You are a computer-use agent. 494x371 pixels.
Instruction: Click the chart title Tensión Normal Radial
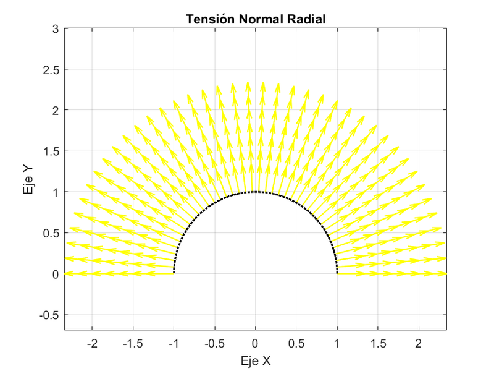tap(255, 20)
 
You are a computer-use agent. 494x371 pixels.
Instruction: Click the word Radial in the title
tap(306, 20)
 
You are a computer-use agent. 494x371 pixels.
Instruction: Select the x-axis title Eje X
tap(255, 360)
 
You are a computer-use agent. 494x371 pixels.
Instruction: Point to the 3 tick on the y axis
tap(55, 29)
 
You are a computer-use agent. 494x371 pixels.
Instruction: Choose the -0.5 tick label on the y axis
tap(49, 315)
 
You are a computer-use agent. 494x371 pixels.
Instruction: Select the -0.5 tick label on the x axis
tap(214, 343)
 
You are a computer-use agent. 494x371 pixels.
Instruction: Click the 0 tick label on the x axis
tap(255, 343)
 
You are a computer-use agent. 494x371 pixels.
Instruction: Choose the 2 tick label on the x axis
tap(419, 343)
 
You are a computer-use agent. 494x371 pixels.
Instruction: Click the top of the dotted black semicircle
tap(255, 192)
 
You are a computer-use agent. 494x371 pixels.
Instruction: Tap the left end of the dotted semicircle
tap(174, 273)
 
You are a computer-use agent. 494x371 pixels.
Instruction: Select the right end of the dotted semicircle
tap(337, 273)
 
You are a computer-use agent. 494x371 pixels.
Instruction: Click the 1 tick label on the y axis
tap(55, 192)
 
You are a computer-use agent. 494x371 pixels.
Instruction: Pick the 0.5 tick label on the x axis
tap(296, 343)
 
